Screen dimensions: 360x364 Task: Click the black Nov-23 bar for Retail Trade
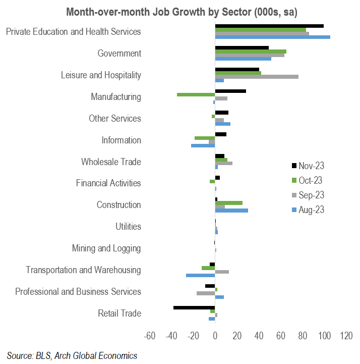tap(194, 307)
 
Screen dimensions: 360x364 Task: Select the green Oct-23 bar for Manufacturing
tap(196, 94)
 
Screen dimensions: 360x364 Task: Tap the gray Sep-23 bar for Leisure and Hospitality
tap(257, 77)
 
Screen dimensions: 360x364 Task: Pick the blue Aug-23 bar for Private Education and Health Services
tap(273, 37)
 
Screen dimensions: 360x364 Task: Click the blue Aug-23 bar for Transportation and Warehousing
tap(201, 275)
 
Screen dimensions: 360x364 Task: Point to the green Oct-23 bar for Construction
tap(229, 203)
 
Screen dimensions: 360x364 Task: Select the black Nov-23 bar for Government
tap(242, 48)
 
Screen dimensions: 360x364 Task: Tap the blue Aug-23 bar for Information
tap(203, 145)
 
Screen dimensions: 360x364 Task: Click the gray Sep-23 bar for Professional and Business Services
tap(206, 293)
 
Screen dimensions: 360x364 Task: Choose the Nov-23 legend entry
tap(308, 166)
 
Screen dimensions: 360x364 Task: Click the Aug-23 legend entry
tap(308, 210)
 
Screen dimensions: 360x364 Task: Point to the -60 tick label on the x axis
tap(150, 336)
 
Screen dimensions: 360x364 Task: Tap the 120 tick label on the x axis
tap(346, 336)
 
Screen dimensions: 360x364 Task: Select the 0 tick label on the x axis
tap(215, 336)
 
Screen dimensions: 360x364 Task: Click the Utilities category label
tap(128, 226)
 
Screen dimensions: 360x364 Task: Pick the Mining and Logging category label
tap(106, 248)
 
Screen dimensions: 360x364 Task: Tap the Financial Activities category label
tap(108, 183)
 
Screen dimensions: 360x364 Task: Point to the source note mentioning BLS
tap(72, 355)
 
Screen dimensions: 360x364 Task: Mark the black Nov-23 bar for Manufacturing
tap(230, 91)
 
